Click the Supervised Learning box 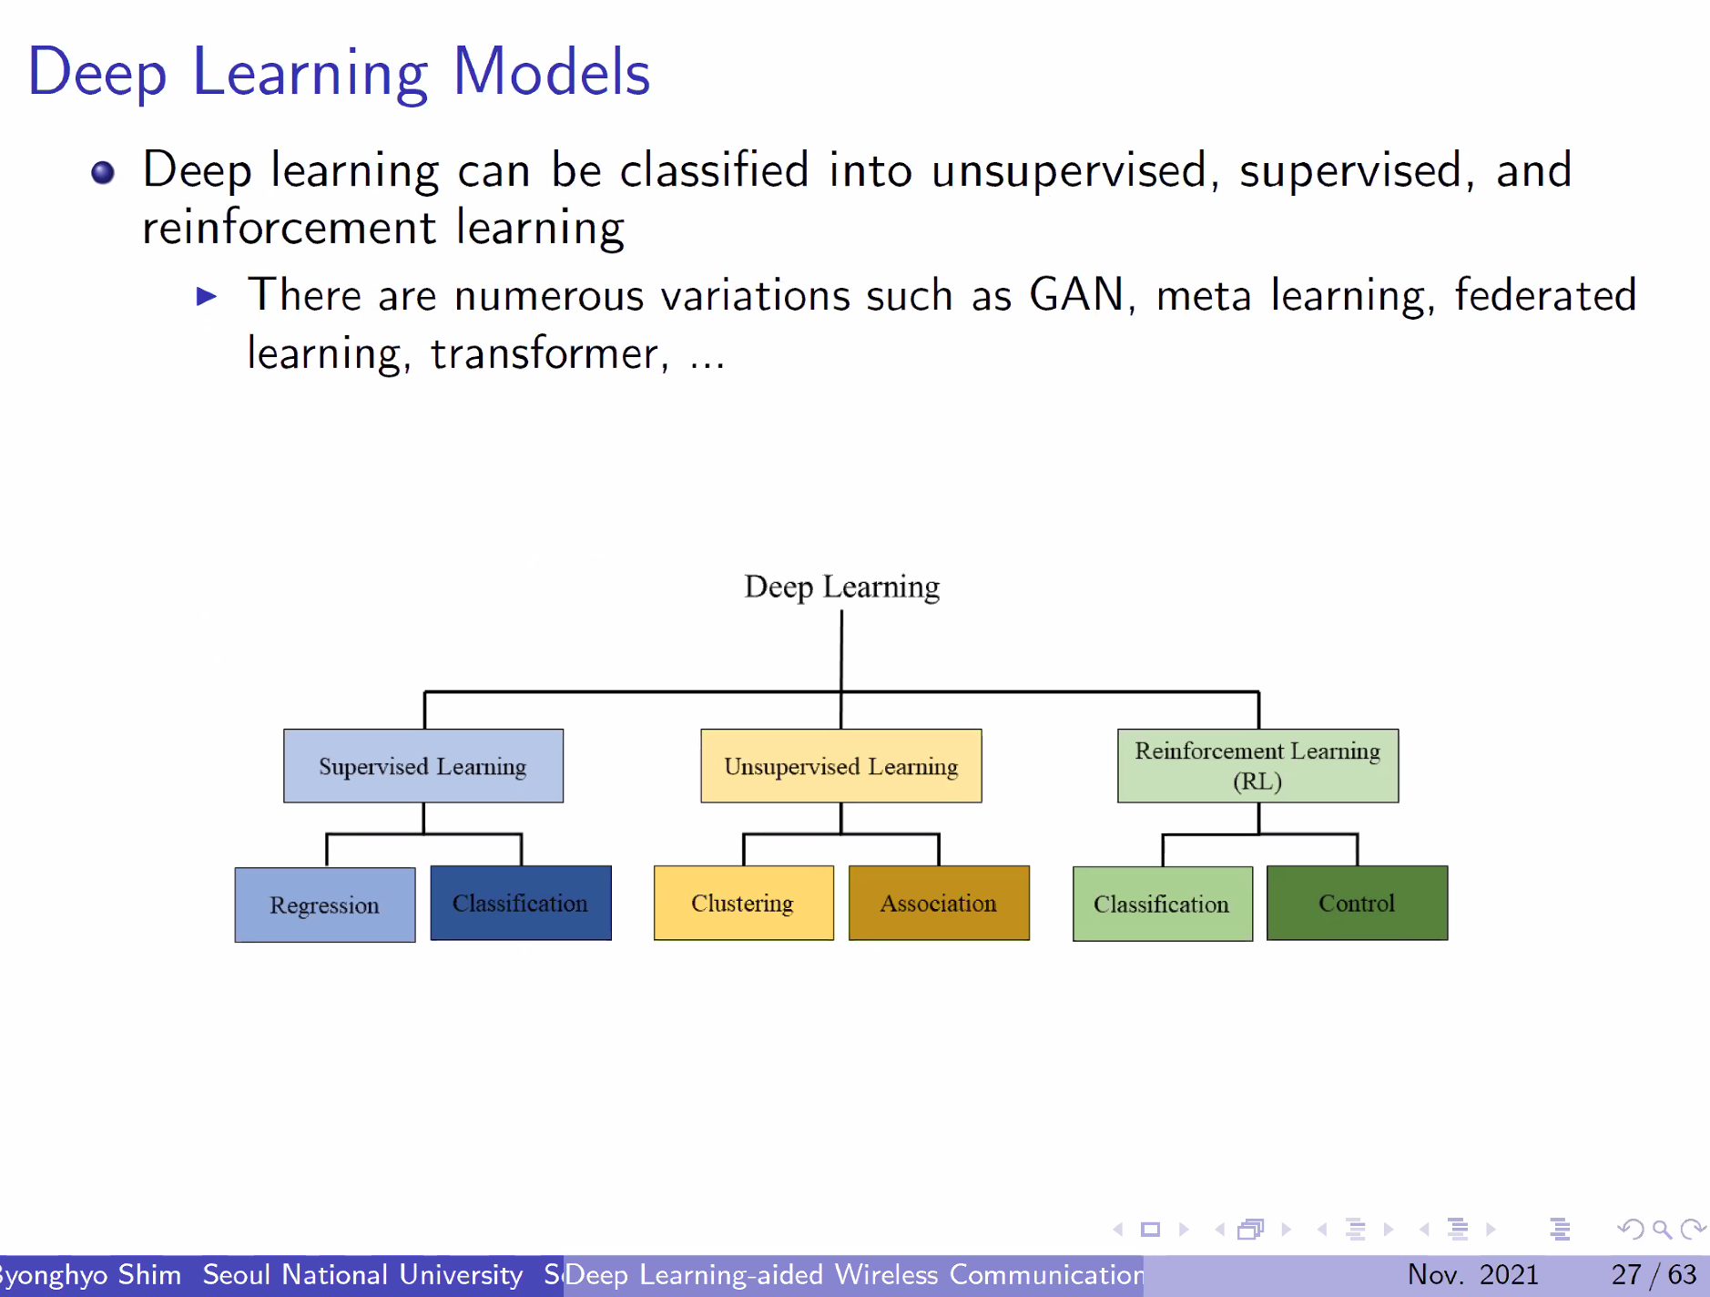[423, 766]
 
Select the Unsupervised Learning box [840, 766]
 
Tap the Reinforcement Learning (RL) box [1257, 766]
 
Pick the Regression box [325, 904]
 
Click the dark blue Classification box [521, 904]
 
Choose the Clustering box [743, 904]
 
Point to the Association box [939, 904]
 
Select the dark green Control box [1357, 904]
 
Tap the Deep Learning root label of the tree [841, 587]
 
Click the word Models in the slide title [552, 73]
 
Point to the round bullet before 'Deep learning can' [103, 172]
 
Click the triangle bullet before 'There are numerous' [207, 296]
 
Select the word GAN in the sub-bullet [1076, 295]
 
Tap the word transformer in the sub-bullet [544, 354]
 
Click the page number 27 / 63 [1654, 1274]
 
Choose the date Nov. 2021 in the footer [1472, 1274]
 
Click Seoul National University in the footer [362, 1274]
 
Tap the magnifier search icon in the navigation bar [1662, 1230]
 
